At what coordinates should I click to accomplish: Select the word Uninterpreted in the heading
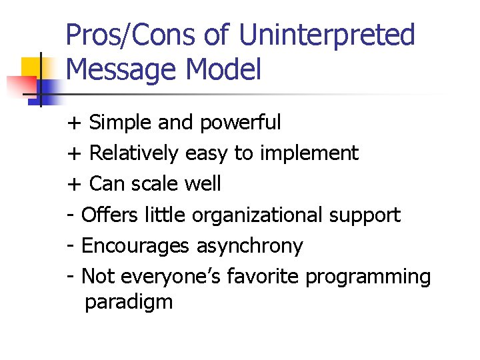(x=327, y=35)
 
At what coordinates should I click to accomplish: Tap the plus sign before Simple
(x=74, y=123)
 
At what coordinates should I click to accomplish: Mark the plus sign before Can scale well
(x=74, y=185)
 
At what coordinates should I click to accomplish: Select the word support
(x=365, y=215)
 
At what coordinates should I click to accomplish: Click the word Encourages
(x=135, y=246)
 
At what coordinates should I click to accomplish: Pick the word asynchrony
(x=249, y=246)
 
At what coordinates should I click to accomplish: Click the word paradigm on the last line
(x=129, y=302)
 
